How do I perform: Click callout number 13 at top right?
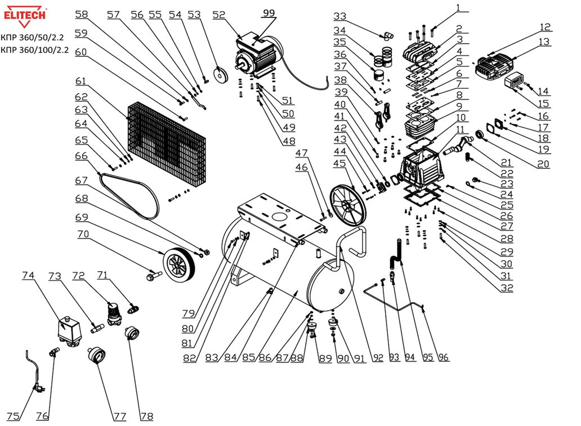[544, 42]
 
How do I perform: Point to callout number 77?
[119, 416]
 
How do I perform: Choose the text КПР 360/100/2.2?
[35, 50]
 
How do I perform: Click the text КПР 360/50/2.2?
[33, 38]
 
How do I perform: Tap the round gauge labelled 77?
[96, 357]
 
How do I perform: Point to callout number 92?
[377, 357]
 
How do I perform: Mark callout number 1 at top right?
[458, 8]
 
